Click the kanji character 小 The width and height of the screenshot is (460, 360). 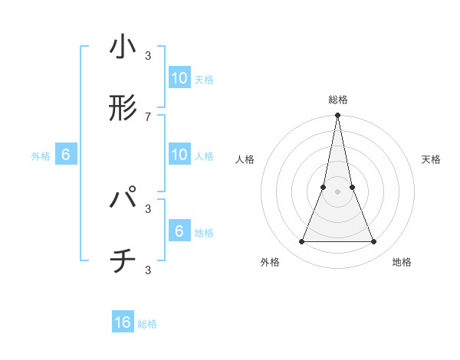click(x=123, y=48)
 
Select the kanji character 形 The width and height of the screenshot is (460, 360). click(x=123, y=109)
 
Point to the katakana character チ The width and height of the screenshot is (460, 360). click(x=123, y=263)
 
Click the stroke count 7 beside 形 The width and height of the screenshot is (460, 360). click(x=148, y=116)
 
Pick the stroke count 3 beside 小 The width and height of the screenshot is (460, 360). click(x=148, y=55)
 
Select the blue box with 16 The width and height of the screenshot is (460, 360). click(x=123, y=322)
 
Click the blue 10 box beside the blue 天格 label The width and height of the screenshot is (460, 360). click(x=179, y=78)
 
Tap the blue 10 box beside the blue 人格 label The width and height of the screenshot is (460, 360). click(x=179, y=155)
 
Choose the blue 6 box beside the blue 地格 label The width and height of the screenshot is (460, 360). click(x=179, y=231)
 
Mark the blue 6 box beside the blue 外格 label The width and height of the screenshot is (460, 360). click(x=66, y=155)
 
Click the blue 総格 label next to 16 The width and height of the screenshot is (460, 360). click(x=147, y=324)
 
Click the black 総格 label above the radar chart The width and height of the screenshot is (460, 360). click(x=338, y=100)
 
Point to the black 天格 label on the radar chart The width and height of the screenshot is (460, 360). click(x=432, y=159)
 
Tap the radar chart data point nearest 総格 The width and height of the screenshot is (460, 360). click(x=337, y=116)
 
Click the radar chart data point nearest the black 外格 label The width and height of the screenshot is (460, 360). click(x=301, y=242)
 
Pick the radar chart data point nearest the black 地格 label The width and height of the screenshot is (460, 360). click(x=374, y=242)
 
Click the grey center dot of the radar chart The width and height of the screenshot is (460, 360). click(x=337, y=192)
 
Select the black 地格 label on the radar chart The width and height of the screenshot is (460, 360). click(x=402, y=262)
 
